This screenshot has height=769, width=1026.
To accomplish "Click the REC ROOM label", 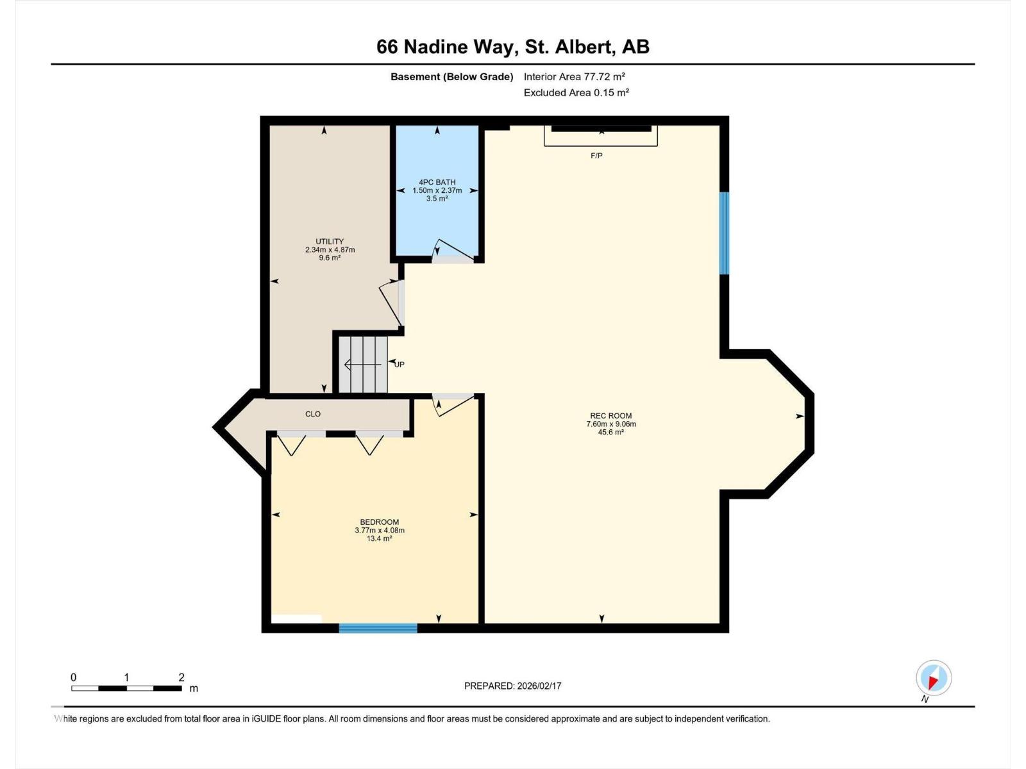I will [610, 415].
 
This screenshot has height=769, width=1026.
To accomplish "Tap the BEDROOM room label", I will [379, 522].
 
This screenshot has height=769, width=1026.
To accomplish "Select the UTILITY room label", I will [329, 242].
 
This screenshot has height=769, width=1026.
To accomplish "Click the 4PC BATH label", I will [437, 182].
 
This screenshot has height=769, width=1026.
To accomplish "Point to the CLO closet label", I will [313, 414].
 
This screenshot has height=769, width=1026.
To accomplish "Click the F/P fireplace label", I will [596, 156].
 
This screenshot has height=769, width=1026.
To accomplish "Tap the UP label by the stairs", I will [399, 365].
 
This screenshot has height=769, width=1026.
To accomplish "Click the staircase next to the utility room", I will [363, 365].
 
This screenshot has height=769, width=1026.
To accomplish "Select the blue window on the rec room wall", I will [724, 233].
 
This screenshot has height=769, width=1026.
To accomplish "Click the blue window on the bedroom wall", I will [378, 628].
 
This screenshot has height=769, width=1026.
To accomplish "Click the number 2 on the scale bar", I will [181, 677].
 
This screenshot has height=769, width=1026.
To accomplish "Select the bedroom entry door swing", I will [453, 404].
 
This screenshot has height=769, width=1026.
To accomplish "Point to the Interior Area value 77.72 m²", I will [604, 76].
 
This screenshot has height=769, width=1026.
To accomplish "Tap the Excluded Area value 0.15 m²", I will [611, 92].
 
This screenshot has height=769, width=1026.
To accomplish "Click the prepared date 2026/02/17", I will [538, 686].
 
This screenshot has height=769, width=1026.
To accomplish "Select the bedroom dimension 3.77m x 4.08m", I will [379, 530].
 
